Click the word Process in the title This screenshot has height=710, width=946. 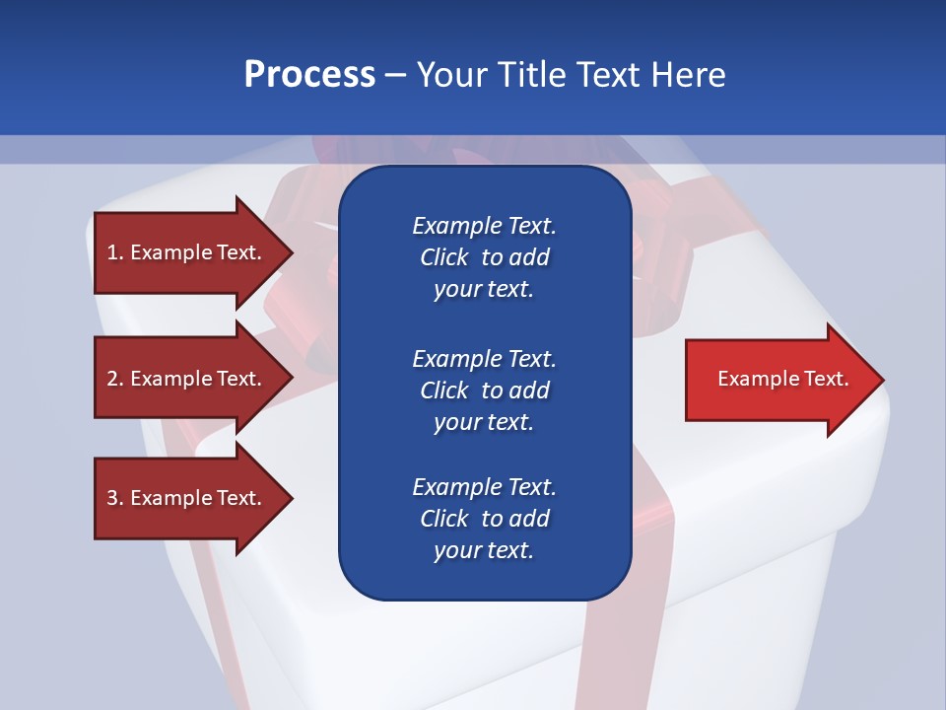(x=309, y=75)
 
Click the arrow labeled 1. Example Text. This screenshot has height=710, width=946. (x=187, y=252)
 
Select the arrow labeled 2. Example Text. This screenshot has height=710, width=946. (x=187, y=379)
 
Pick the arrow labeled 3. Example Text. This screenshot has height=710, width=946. (x=187, y=498)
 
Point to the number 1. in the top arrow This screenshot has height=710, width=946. (x=114, y=252)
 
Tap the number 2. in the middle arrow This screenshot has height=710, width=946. (x=114, y=379)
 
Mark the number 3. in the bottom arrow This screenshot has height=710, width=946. (x=114, y=498)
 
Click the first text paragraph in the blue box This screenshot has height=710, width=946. (x=484, y=257)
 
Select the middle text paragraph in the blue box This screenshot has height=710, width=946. (x=484, y=390)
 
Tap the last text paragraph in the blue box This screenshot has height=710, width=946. (x=484, y=519)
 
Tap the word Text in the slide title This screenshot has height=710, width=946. (x=609, y=75)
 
